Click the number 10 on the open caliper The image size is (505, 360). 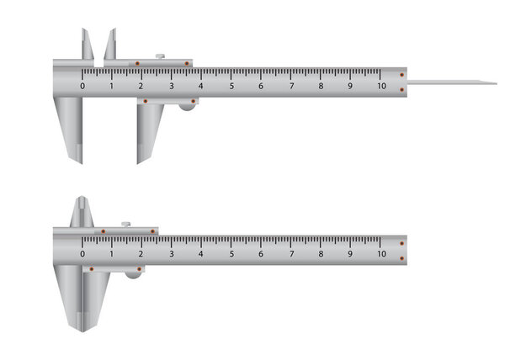[381, 86]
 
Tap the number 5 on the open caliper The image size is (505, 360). [231, 86]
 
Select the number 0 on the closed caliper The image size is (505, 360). [82, 253]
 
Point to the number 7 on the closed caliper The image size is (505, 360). [291, 253]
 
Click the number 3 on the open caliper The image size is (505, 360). [172, 86]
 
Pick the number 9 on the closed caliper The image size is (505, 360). [351, 253]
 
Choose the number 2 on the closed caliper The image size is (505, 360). [141, 253]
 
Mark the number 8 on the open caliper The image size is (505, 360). [321, 86]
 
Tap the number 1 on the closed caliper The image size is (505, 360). [112, 253]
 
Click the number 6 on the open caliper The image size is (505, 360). [261, 86]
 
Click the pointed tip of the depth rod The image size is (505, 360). [494, 82]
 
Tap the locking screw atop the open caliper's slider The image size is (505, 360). [160, 56]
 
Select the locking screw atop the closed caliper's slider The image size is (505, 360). [125, 224]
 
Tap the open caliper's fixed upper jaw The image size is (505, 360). [88, 45]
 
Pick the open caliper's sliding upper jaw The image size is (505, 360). [110, 45]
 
